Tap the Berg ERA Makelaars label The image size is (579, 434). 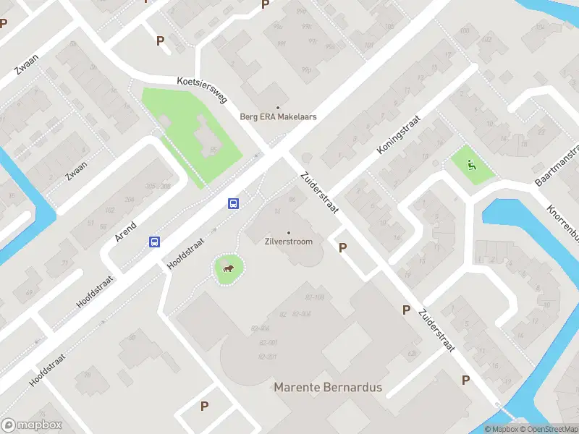click(x=279, y=116)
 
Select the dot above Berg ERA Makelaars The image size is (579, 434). click(x=279, y=106)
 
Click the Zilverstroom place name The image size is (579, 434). click(x=288, y=241)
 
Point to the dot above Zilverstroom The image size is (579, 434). click(x=288, y=231)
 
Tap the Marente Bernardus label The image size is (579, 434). click(x=327, y=388)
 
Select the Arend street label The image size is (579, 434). click(x=126, y=227)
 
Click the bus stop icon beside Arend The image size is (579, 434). click(x=155, y=242)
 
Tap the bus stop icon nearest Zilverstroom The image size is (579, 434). click(x=234, y=204)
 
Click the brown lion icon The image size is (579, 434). click(x=228, y=270)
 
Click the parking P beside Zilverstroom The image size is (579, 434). click(x=342, y=247)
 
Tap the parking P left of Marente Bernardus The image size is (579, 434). click(x=205, y=407)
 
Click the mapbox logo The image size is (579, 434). click(x=32, y=425)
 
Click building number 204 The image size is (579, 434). click(x=130, y=200)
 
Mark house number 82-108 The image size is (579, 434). click(x=314, y=297)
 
